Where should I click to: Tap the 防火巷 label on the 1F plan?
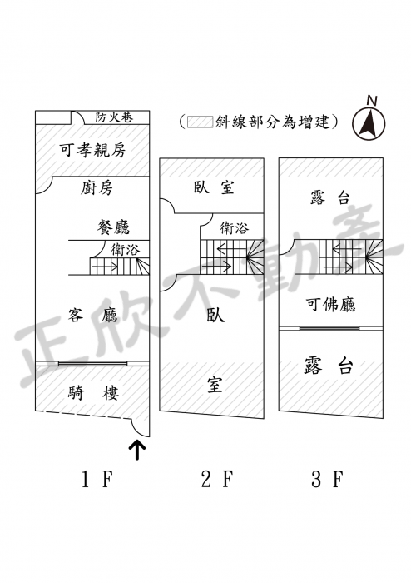coord(114,117)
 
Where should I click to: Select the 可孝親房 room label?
coord(93,150)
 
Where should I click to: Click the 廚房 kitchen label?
coord(97,187)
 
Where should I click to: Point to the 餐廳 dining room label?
coord(113,227)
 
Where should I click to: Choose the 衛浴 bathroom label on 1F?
coord(125,249)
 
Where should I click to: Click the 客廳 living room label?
coord(93,315)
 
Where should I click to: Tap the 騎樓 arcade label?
coord(93,392)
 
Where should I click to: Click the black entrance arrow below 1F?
coord(137,451)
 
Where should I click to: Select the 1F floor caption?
coord(97,479)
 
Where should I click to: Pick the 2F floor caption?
coord(217,479)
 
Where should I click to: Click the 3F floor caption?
coord(327,479)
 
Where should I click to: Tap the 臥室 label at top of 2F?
coord(214,187)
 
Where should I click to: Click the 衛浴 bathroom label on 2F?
coord(234,227)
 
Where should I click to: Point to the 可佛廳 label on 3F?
coord(331,304)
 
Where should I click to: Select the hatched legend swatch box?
coord(201,122)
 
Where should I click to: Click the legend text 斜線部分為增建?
coord(273,122)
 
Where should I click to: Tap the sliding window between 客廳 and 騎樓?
coord(93,364)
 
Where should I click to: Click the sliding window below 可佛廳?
coord(329,328)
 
